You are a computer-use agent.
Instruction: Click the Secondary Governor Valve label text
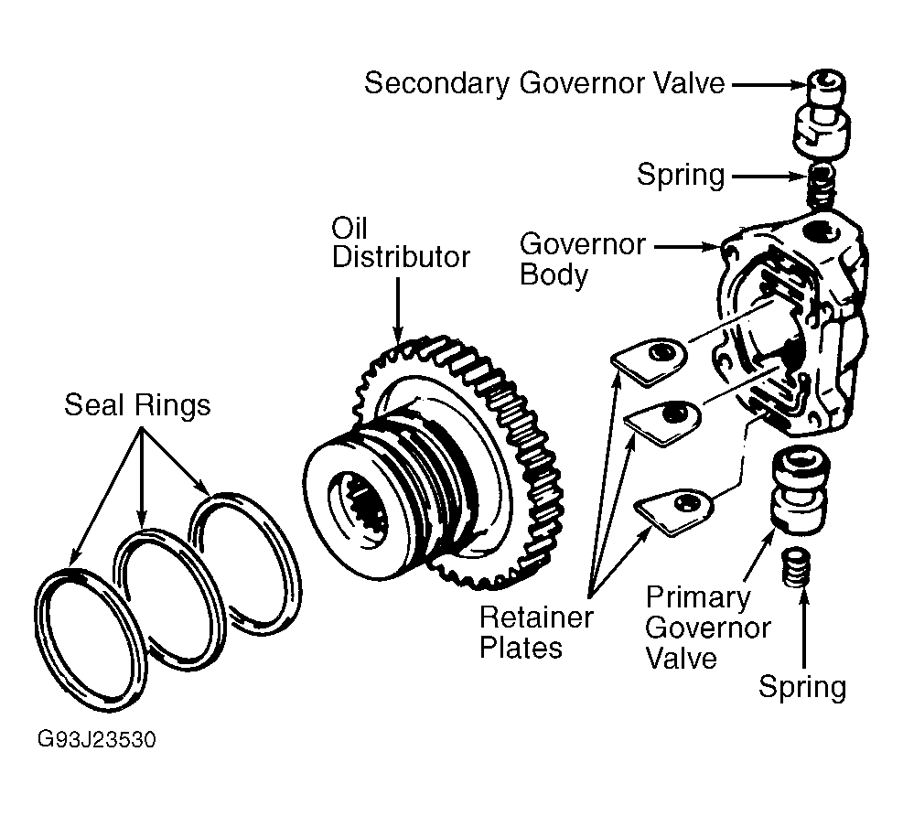(x=544, y=83)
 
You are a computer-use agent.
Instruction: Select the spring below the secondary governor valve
(x=820, y=186)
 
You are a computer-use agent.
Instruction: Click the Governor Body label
(x=582, y=259)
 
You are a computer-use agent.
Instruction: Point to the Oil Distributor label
(x=401, y=243)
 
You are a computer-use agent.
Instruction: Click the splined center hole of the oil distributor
(x=360, y=507)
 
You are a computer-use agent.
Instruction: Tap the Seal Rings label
(x=137, y=405)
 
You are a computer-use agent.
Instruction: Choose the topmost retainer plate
(x=650, y=361)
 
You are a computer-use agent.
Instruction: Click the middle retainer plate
(x=663, y=422)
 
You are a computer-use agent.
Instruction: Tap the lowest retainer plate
(x=673, y=511)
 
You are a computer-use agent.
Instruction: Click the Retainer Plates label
(x=535, y=632)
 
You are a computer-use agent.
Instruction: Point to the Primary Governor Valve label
(x=708, y=628)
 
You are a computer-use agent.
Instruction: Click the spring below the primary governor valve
(x=797, y=568)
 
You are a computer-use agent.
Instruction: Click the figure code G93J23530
(x=97, y=739)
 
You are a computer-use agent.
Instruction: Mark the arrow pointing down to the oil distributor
(x=398, y=311)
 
